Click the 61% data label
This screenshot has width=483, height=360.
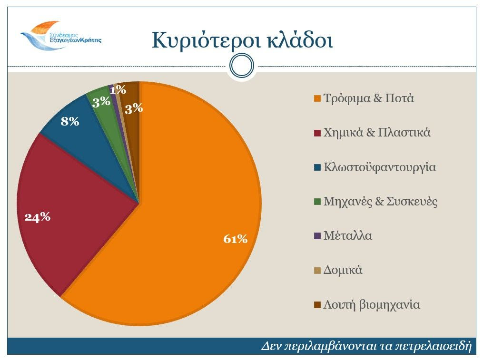[236, 239]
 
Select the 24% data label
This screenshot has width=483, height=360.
[38, 217]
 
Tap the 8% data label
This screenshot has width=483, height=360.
[70, 122]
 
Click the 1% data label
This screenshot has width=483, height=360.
[118, 89]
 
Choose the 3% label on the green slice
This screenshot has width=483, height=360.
[101, 102]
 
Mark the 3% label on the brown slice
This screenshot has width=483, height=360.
[134, 108]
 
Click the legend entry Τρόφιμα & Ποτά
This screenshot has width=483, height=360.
[369, 99]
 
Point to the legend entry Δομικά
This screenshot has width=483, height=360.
[343, 271]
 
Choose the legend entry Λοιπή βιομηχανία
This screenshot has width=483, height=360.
[372, 305]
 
